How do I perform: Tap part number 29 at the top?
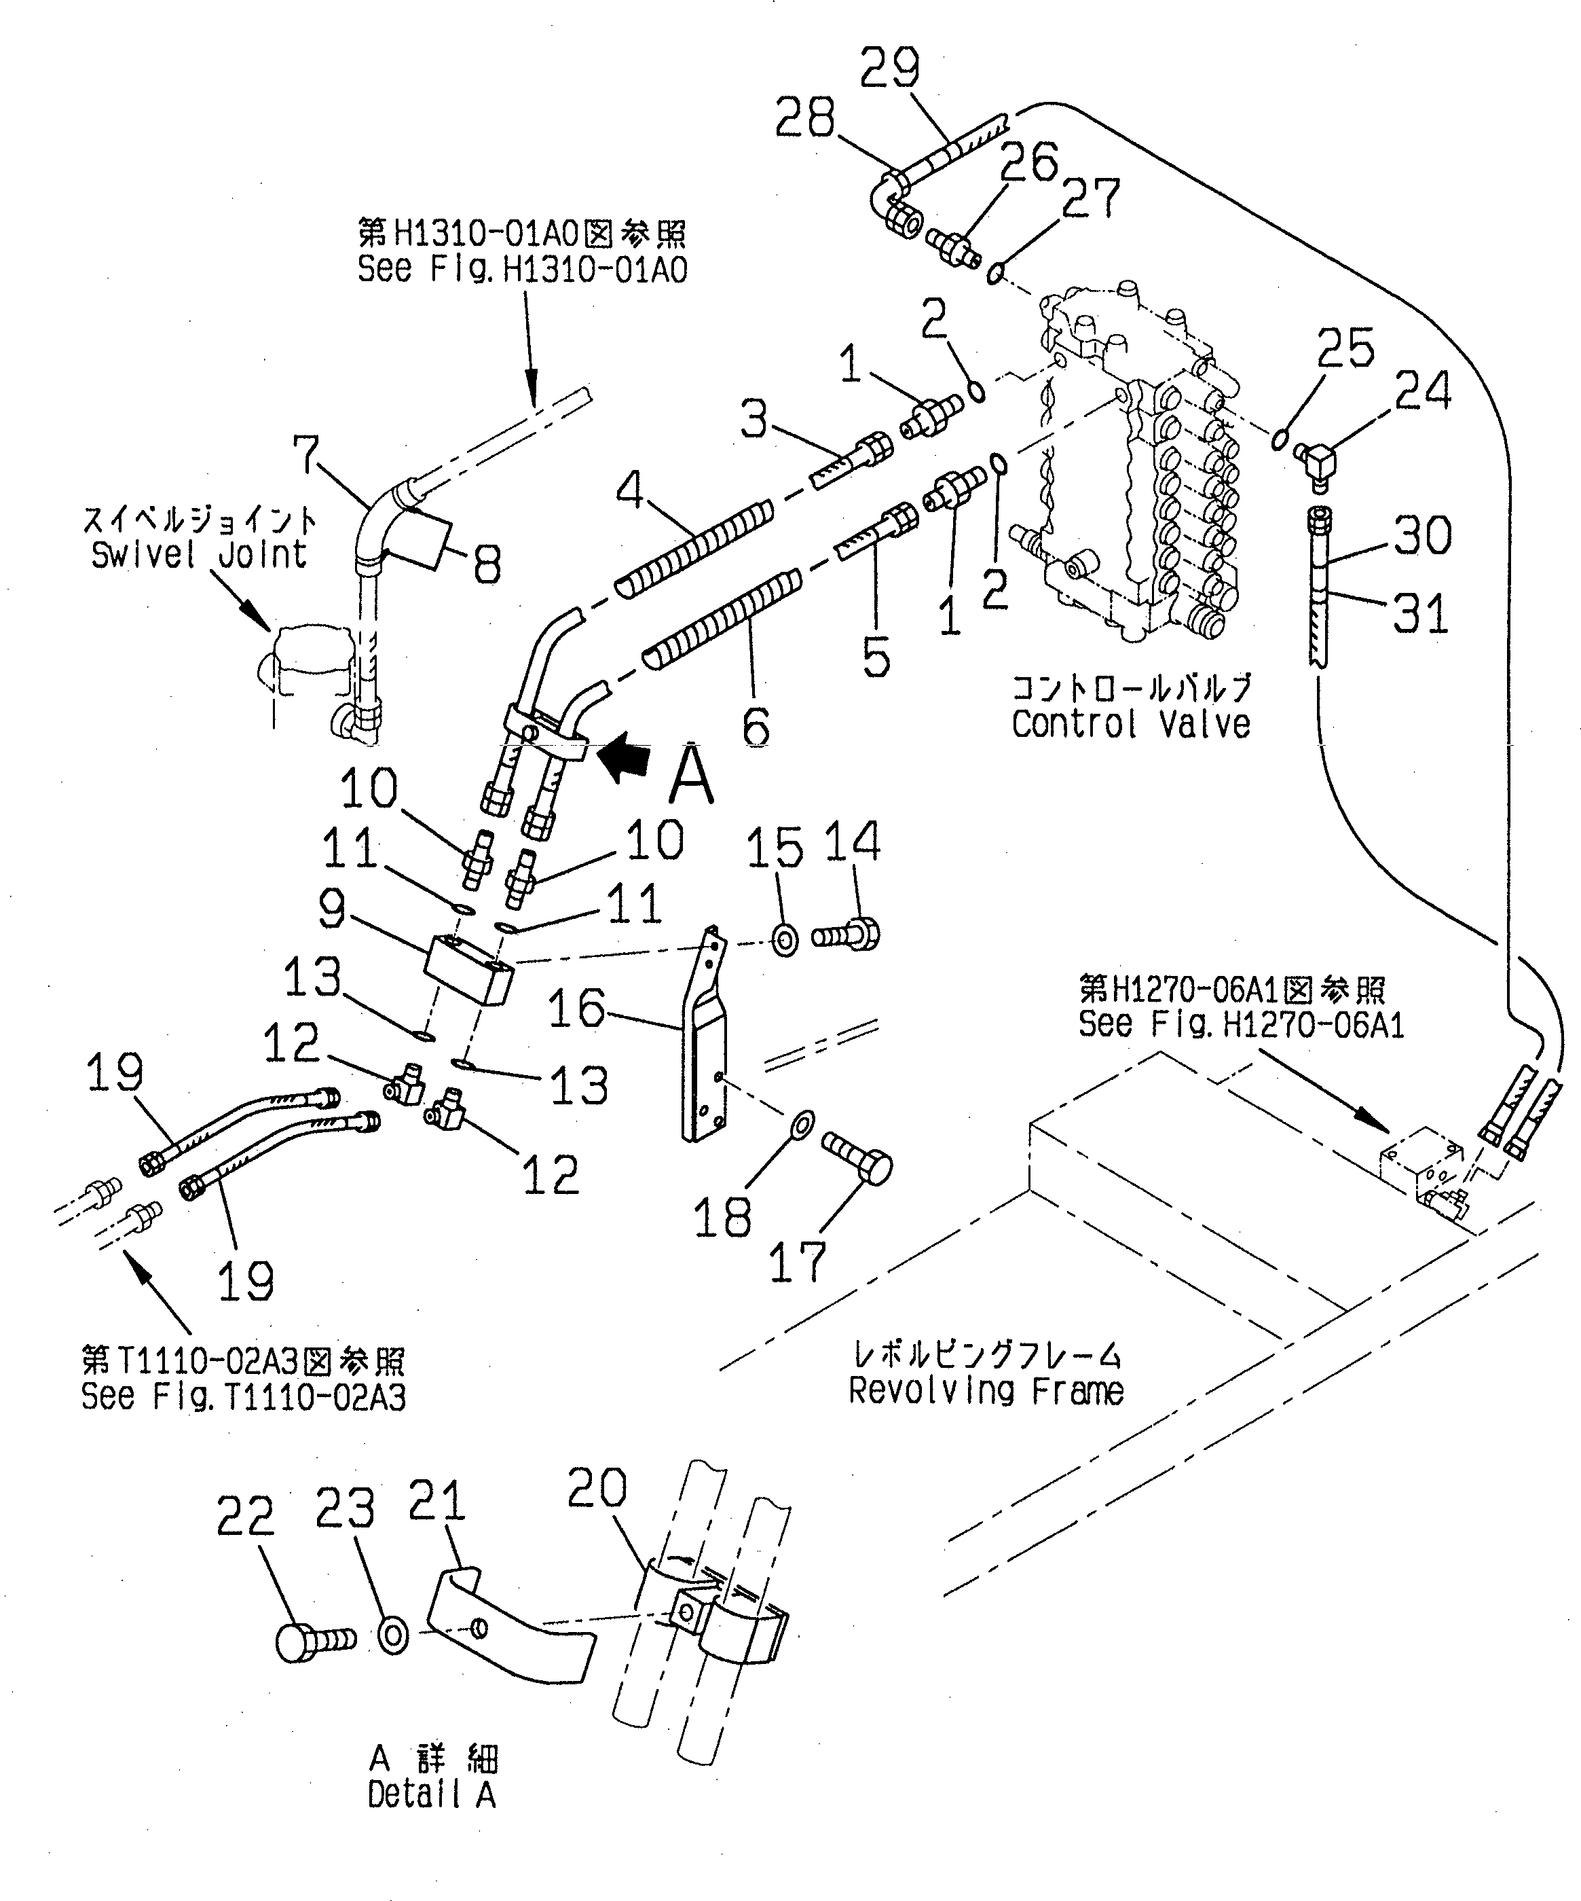click(x=889, y=68)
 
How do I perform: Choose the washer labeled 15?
click(x=785, y=940)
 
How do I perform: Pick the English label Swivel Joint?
click(x=198, y=554)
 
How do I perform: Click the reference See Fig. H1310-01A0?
click(x=522, y=269)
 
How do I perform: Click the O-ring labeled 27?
click(x=994, y=272)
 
